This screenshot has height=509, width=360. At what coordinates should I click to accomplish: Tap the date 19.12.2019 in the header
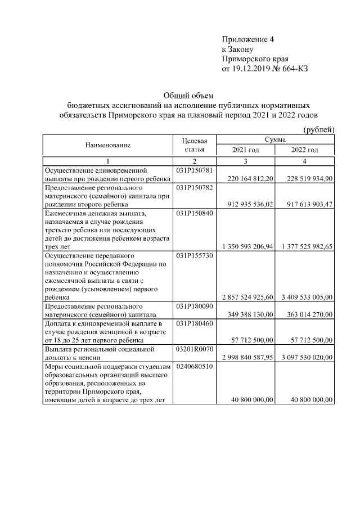[x=254, y=68]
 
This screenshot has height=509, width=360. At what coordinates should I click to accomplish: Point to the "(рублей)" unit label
[x=319, y=129]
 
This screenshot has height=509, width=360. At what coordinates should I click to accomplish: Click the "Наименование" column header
[x=108, y=145]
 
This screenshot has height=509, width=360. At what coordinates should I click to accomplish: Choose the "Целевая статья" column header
[x=195, y=145]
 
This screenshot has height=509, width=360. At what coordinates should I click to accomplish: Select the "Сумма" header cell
[x=275, y=139]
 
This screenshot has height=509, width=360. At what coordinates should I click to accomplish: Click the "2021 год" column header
[x=246, y=150]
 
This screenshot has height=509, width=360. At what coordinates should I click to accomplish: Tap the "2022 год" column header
[x=305, y=150]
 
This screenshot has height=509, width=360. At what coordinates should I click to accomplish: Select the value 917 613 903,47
[x=305, y=204]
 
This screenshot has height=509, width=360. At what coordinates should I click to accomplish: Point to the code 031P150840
[x=195, y=213]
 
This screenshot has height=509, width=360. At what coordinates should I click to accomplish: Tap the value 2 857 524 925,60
[x=246, y=297]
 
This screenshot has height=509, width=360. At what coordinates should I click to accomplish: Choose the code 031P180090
[x=195, y=306]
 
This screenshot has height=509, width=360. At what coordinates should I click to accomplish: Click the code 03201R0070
[x=195, y=349]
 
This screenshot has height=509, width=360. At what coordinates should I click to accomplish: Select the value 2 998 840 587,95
[x=246, y=357]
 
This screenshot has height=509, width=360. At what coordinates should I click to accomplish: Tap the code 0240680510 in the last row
[x=195, y=366]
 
